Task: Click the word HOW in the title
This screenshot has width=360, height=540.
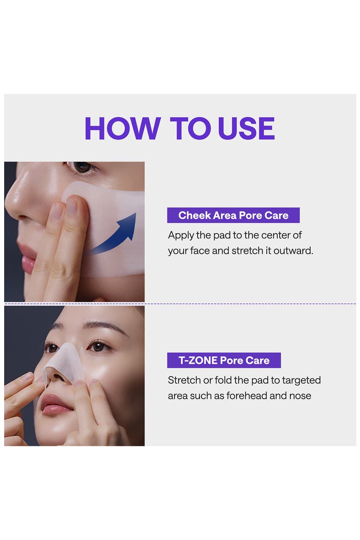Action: pyautogui.click(x=123, y=128)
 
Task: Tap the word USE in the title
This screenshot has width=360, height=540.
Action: pyautogui.click(x=246, y=128)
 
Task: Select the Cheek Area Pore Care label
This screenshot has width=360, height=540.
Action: pyautogui.click(x=233, y=215)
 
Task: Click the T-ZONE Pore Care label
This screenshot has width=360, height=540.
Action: pyautogui.click(x=224, y=360)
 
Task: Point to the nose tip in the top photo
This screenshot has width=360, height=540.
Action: pyautogui.click(x=14, y=203)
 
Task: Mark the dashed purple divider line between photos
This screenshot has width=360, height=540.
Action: pyautogui.click(x=180, y=304)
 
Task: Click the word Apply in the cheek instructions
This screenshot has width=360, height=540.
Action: pyautogui.click(x=181, y=235)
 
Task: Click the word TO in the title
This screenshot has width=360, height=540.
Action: pyautogui.click(x=190, y=128)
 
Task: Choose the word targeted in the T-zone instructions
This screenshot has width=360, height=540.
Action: pyautogui.click(x=301, y=381)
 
